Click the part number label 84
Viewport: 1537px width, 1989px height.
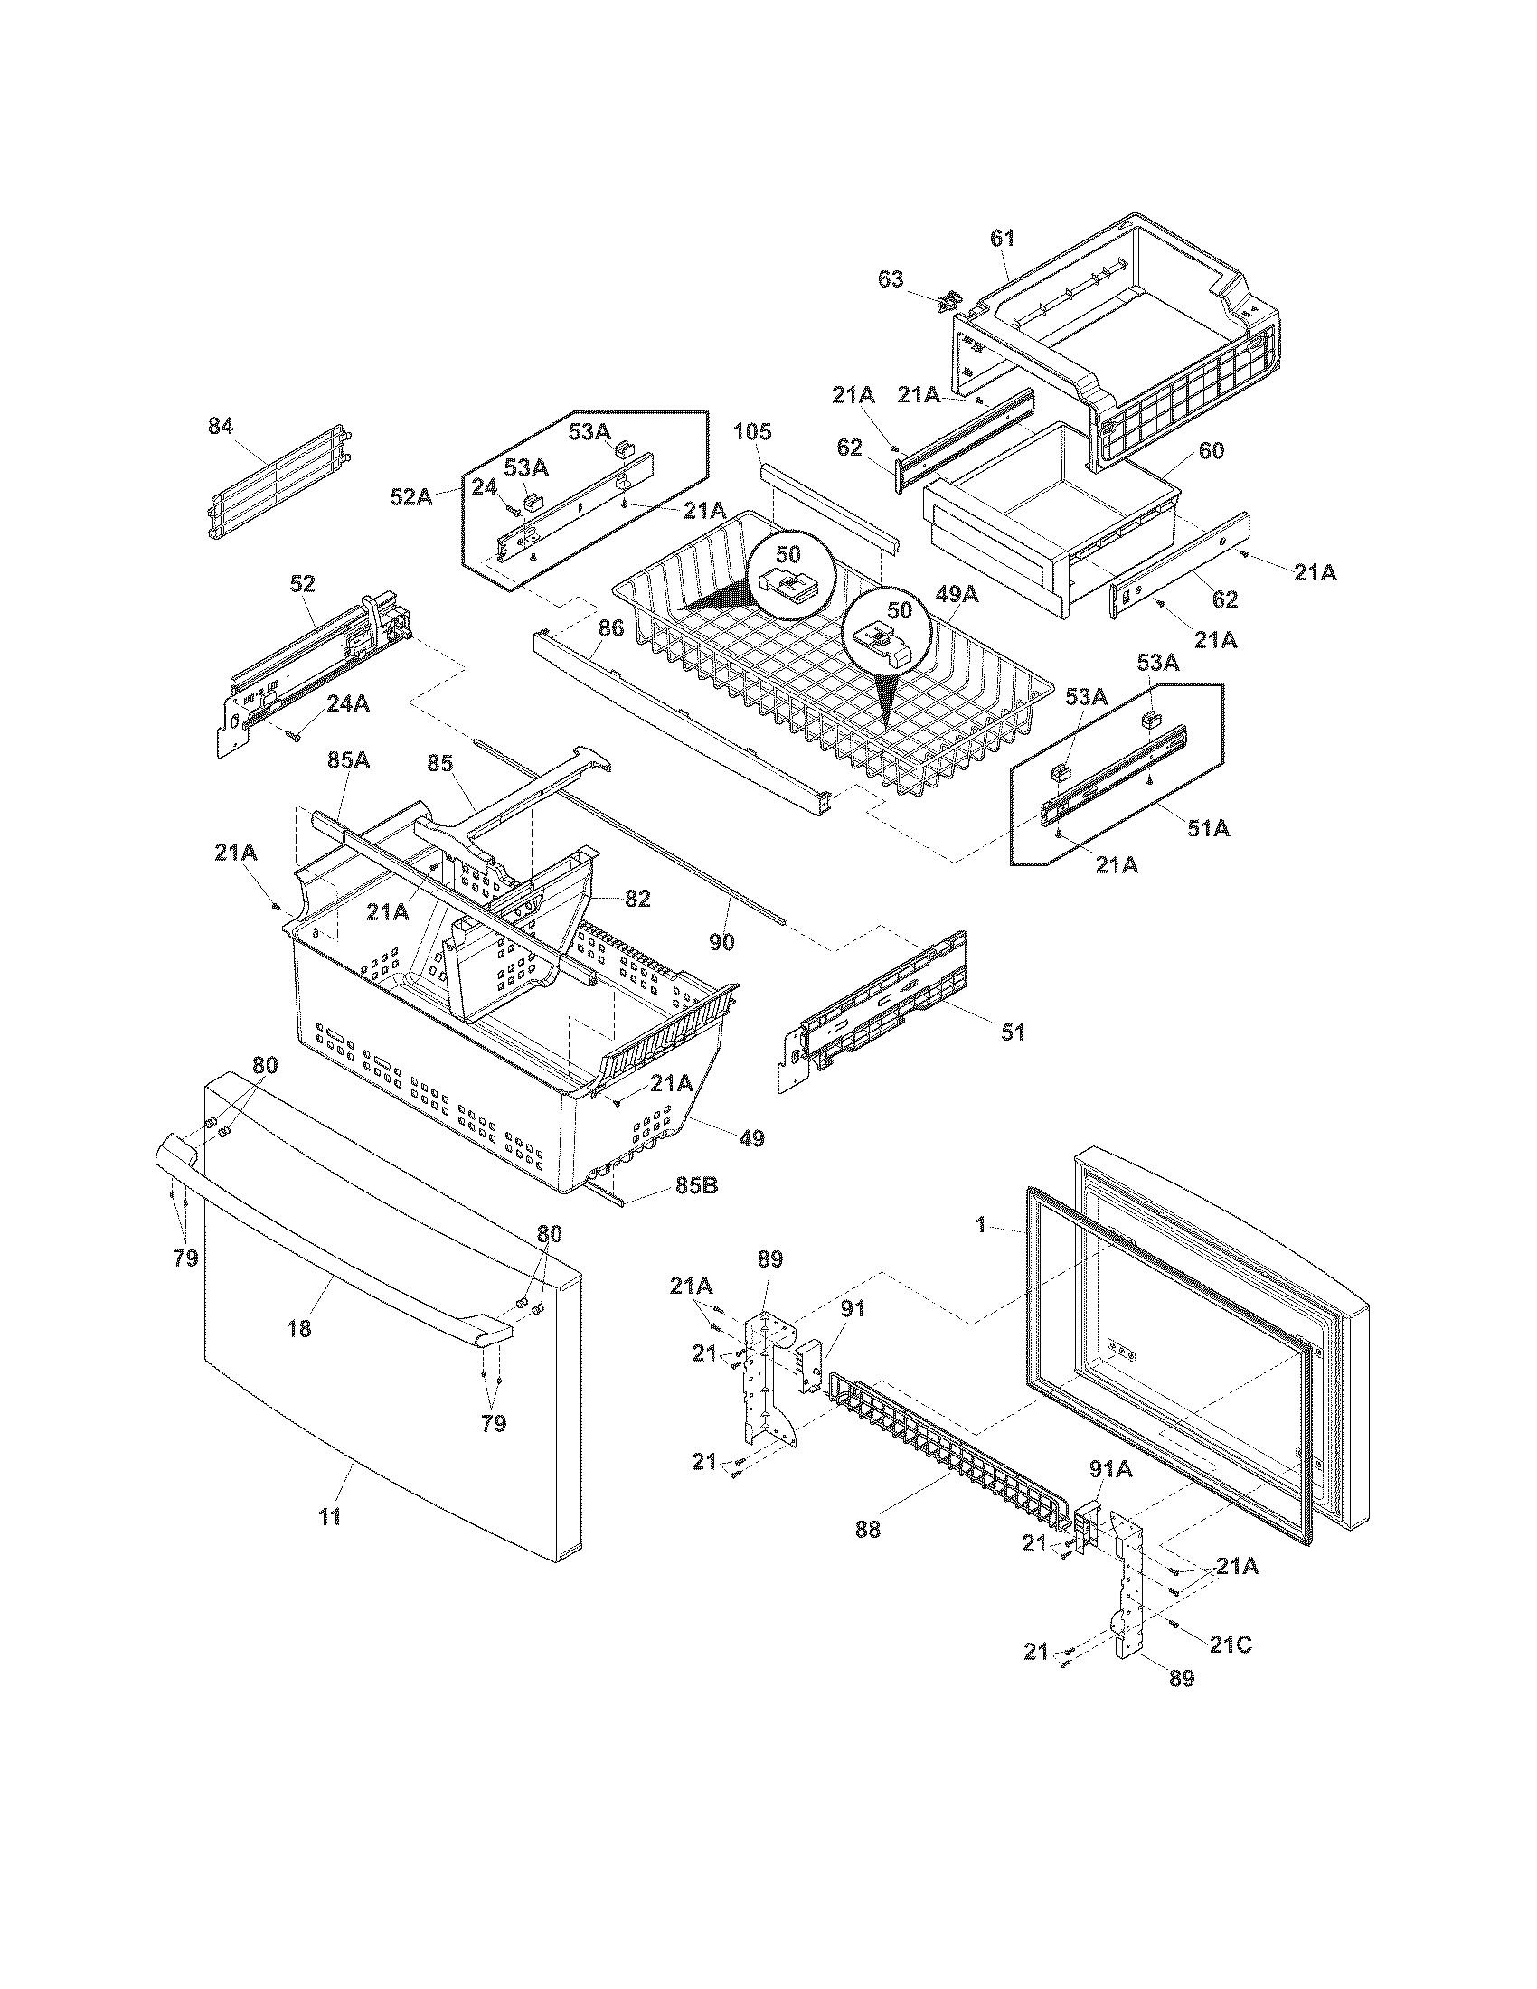[221, 426]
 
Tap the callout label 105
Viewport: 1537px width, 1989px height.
[753, 431]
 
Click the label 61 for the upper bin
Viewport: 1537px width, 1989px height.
[1002, 239]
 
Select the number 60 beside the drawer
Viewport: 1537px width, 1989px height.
[1212, 451]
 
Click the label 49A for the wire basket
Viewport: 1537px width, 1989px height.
[957, 595]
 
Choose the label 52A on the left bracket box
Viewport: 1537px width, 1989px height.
[411, 497]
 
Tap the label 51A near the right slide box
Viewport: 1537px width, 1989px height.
[1208, 828]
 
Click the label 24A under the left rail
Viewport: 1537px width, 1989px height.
[349, 702]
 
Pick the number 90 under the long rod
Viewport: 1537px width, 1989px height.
[721, 943]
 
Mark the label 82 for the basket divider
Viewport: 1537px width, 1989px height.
[637, 899]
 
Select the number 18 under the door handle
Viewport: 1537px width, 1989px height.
[298, 1329]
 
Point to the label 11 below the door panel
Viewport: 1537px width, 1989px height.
[330, 1516]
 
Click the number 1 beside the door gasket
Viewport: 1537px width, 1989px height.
[981, 1226]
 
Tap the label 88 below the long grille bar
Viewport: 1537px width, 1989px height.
[868, 1529]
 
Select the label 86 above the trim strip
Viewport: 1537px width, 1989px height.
[612, 627]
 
